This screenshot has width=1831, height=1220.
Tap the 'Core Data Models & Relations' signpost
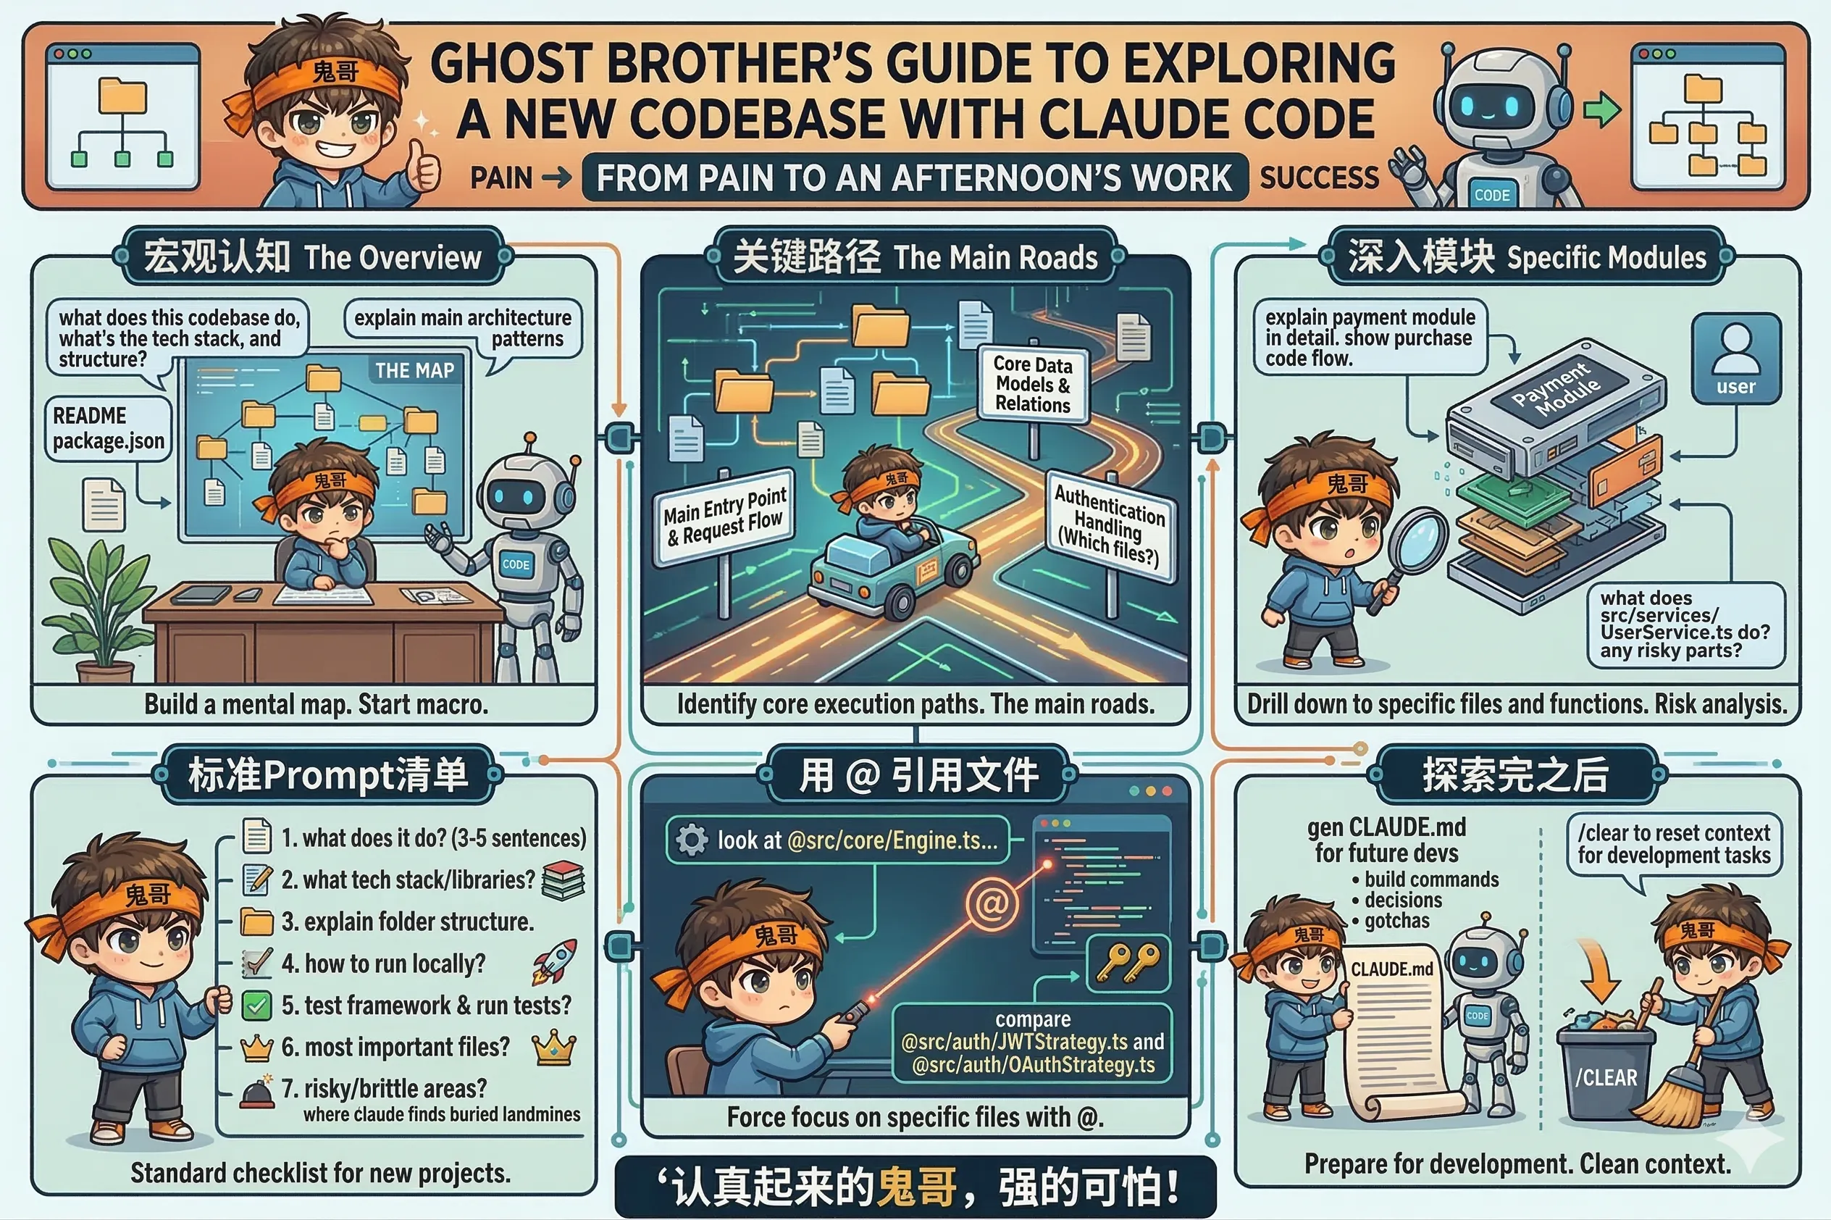point(1033,385)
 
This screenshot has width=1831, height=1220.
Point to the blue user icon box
point(1736,359)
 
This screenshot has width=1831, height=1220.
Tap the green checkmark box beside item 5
point(256,1006)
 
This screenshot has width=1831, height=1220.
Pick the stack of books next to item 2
point(562,880)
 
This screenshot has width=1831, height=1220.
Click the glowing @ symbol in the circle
point(992,903)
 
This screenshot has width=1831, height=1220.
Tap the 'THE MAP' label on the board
point(414,370)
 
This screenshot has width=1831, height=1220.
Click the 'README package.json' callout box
point(108,428)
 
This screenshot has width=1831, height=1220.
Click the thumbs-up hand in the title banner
point(424,166)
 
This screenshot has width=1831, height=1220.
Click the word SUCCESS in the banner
point(1319,178)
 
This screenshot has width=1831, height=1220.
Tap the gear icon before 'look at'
point(692,840)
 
